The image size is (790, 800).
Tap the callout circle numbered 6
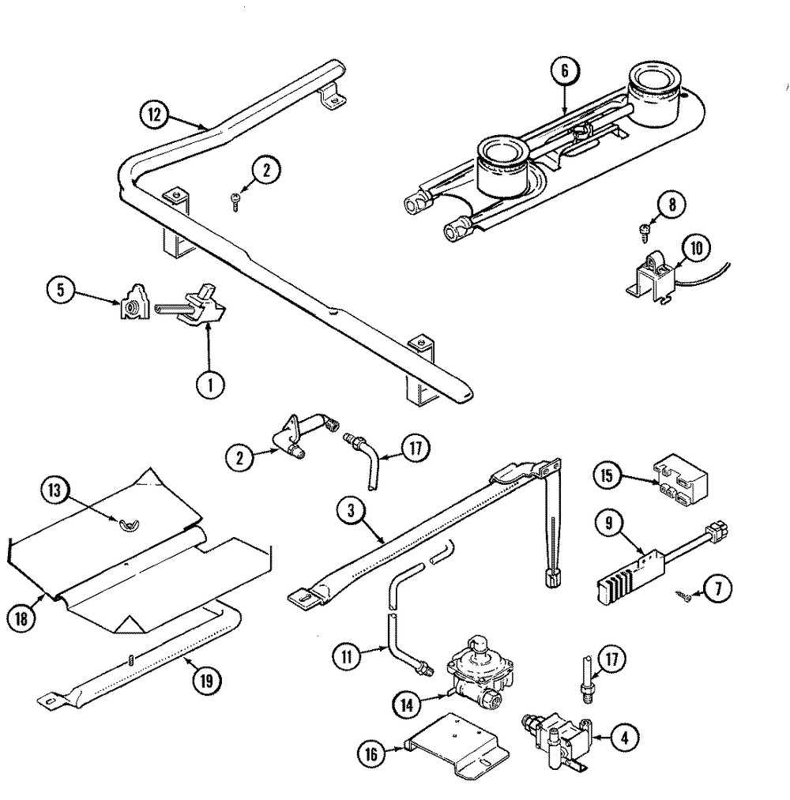pos(565,71)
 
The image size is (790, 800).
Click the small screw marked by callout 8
pos(644,230)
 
